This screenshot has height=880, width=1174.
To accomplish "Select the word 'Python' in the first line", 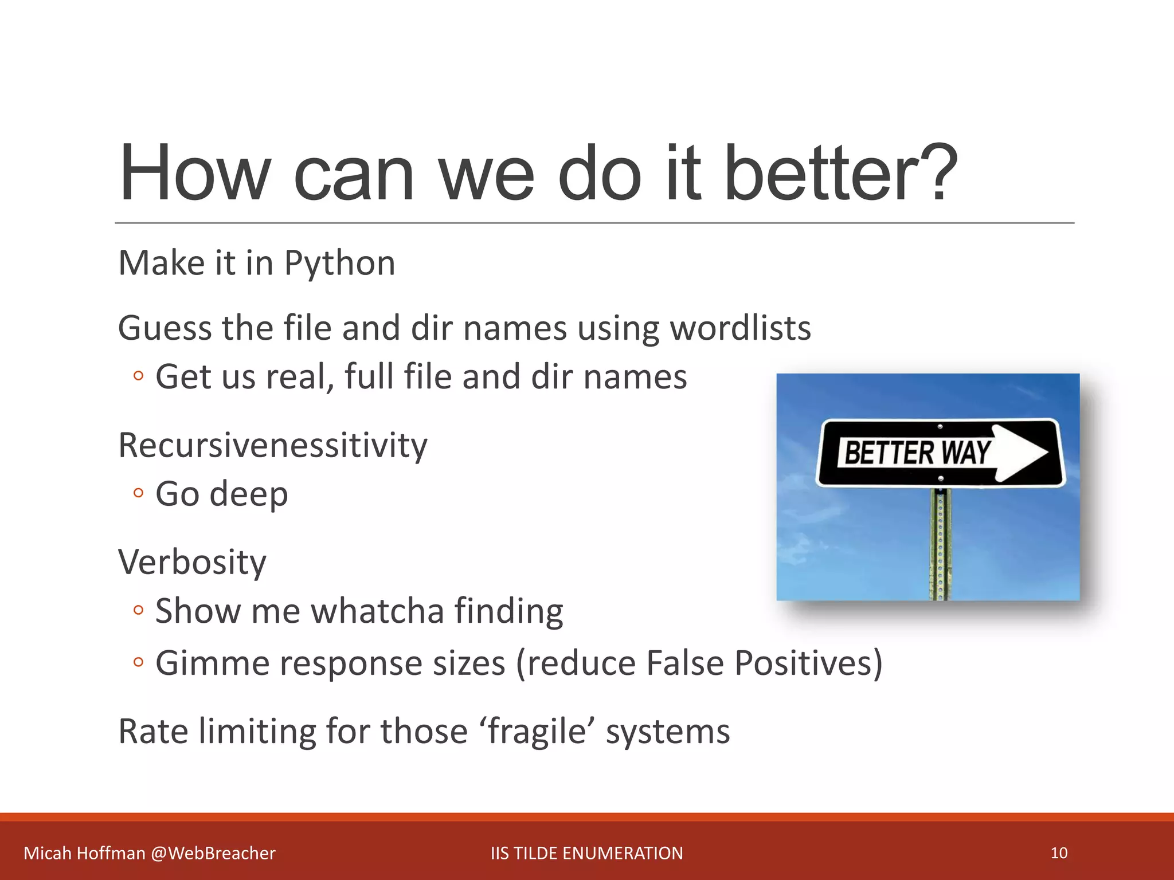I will pyautogui.click(x=339, y=264).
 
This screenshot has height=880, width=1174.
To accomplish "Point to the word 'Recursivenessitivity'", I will pyautogui.click(x=273, y=446).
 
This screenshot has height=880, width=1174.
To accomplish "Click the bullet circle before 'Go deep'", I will pyautogui.click(x=138, y=493).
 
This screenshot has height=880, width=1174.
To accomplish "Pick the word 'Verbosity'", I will pyautogui.click(x=192, y=562).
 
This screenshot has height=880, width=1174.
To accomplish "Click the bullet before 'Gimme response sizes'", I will pyautogui.click(x=138, y=663).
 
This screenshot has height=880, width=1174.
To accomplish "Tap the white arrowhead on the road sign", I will pyautogui.click(x=1023, y=453).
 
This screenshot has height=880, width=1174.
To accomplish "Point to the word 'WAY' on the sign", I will pyautogui.click(x=966, y=453).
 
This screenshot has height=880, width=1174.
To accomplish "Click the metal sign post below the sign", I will pyautogui.click(x=940, y=544).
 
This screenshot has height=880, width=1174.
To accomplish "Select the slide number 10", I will pyautogui.click(x=1059, y=853).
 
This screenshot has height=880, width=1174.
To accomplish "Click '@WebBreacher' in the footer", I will pyautogui.click(x=213, y=853).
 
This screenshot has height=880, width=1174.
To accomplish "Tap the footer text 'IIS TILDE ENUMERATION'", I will pyautogui.click(x=586, y=853).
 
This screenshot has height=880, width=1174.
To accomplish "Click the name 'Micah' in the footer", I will pyautogui.click(x=48, y=853).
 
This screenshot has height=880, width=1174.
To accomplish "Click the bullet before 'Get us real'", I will pyautogui.click(x=138, y=376).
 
